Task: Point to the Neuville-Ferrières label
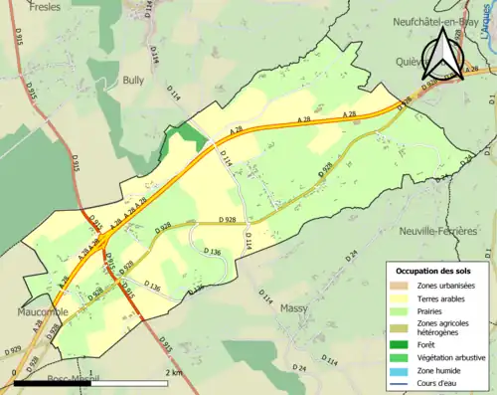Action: coord(439,231)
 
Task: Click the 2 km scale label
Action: coord(174,372)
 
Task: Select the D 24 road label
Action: coord(352,255)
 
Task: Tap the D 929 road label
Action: coord(12,350)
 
